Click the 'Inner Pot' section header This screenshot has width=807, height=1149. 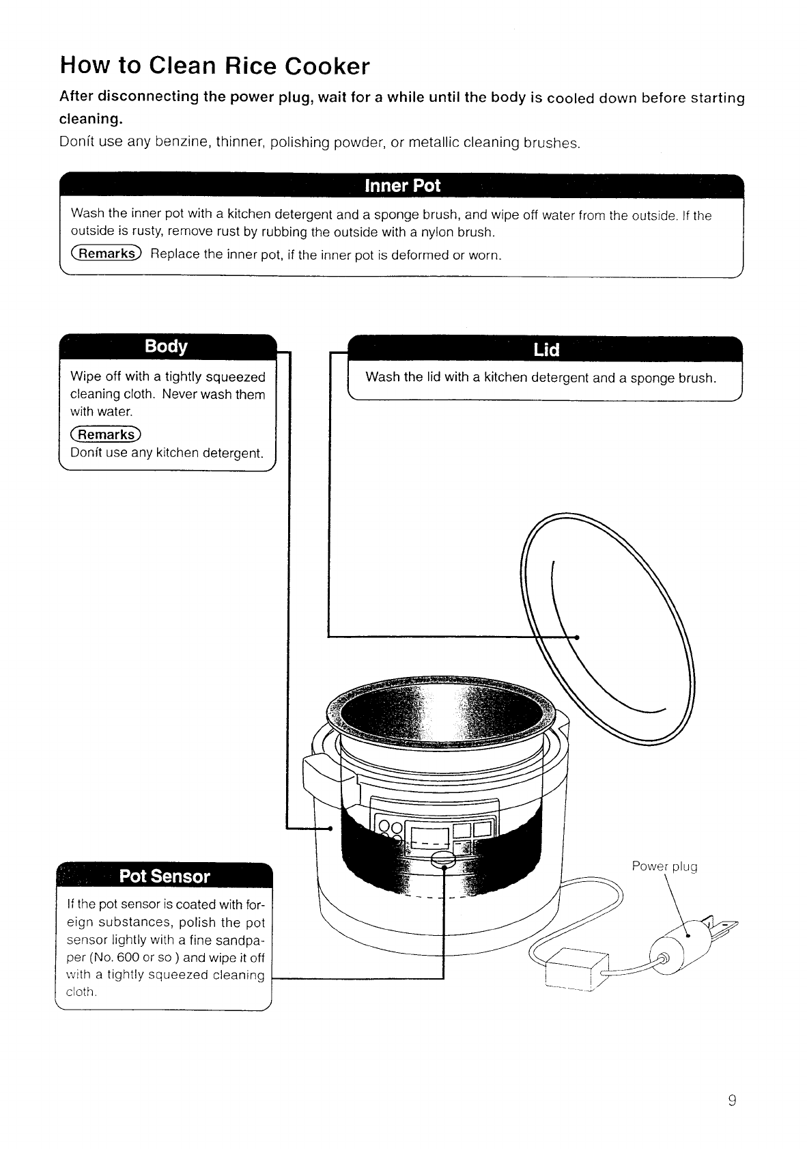403,186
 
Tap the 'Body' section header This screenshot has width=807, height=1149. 166,346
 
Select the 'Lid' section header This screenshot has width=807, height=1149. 546,350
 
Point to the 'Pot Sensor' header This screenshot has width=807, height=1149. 165,876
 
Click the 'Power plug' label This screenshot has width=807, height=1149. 664,867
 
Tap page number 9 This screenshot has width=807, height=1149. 732,1100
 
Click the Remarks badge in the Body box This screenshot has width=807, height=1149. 105,434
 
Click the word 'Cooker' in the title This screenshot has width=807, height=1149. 327,66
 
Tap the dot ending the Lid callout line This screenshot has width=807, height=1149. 577,637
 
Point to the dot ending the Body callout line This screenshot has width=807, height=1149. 330,829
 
